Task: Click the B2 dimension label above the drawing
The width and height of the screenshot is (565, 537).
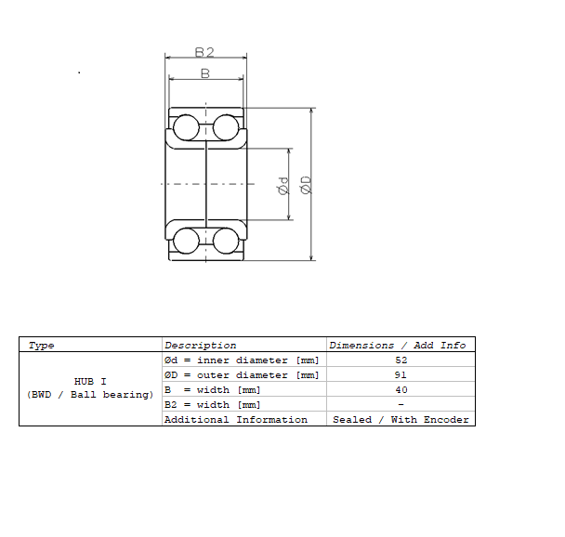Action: tap(204, 53)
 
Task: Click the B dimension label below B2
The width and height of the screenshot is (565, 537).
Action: tap(205, 73)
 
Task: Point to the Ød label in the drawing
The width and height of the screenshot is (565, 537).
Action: tap(283, 186)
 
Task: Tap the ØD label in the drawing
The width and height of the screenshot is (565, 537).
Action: tap(306, 185)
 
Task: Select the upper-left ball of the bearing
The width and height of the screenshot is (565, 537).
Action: tap(186, 127)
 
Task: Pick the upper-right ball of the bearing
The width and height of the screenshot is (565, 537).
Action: tap(226, 127)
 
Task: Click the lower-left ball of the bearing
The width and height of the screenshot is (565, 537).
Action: tap(186, 241)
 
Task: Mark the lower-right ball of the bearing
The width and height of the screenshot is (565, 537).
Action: tap(226, 241)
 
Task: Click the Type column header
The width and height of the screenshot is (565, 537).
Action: tap(41, 346)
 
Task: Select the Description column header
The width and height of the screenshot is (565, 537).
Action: tap(201, 346)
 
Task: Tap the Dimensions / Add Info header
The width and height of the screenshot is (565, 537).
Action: tap(398, 346)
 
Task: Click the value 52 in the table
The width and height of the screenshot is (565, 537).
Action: tap(401, 360)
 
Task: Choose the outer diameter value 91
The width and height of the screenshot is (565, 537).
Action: tap(401, 375)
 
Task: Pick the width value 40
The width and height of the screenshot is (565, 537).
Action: tap(401, 389)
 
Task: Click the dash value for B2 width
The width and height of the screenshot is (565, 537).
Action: tap(401, 404)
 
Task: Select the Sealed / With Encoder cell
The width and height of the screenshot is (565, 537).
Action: tap(401, 420)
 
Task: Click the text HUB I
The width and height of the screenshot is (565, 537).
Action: tap(90, 382)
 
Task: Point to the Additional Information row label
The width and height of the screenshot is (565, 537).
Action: tap(236, 420)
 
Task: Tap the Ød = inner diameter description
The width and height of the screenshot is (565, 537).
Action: tap(242, 360)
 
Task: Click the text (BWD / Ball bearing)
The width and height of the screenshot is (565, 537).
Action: tap(90, 395)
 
